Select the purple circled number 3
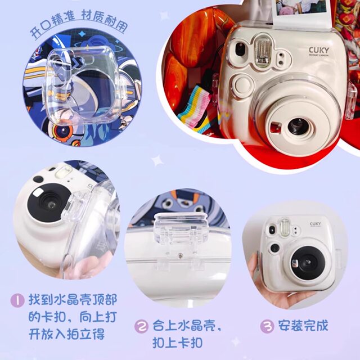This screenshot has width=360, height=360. tap(267, 325)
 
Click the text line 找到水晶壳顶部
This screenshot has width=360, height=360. tap(73, 299)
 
